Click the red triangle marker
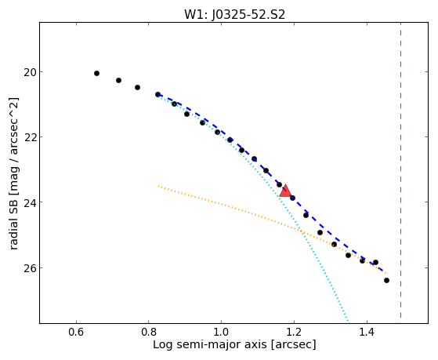285,191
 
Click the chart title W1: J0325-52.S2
234,14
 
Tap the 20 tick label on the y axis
29,72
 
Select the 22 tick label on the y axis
29,137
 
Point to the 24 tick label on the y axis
29,202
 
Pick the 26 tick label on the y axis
29,267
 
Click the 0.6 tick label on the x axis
76,333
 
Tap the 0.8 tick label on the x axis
149,333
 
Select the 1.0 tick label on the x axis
221,333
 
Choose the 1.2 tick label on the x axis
294,333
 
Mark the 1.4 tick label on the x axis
367,333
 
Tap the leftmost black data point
96,73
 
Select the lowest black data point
386,280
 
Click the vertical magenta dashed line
401,170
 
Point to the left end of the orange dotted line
158,186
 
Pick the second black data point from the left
119,80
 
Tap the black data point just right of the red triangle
292,198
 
